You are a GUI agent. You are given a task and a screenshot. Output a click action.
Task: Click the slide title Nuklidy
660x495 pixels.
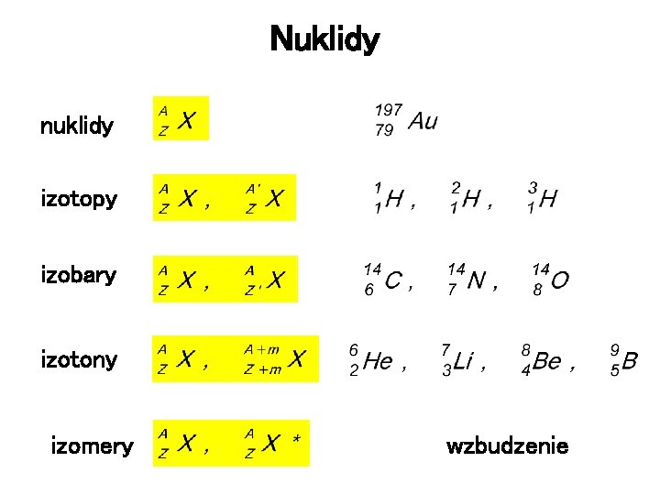click(x=324, y=40)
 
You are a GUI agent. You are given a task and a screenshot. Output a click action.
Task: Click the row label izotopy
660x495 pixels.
click(x=79, y=198)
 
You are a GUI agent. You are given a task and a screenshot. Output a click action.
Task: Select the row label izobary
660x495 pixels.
click(x=79, y=275)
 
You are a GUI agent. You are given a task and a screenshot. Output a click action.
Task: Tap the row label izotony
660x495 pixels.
click(x=79, y=359)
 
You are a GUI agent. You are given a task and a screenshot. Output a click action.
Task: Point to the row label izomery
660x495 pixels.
click(x=92, y=447)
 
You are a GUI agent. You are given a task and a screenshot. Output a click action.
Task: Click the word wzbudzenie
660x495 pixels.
click(x=507, y=446)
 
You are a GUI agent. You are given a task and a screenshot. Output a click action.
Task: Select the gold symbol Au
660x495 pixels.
click(x=423, y=121)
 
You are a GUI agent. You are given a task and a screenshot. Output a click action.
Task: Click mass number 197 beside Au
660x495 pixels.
click(x=388, y=111)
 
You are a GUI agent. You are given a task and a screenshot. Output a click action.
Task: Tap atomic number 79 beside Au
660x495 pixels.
click(x=384, y=130)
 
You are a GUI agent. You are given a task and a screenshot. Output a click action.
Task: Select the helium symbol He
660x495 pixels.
click(x=378, y=361)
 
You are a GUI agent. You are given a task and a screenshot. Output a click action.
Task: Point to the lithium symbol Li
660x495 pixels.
click(x=463, y=361)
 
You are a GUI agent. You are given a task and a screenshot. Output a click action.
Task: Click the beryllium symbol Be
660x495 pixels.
click(x=547, y=361)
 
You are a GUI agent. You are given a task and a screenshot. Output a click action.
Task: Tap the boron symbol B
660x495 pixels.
click(x=629, y=361)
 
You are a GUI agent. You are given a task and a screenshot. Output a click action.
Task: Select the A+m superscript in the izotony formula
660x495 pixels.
click(x=261, y=349)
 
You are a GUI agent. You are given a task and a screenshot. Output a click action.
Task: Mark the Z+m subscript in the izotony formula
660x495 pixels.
click(x=262, y=369)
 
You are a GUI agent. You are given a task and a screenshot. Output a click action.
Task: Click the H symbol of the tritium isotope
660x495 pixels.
click(x=547, y=198)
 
